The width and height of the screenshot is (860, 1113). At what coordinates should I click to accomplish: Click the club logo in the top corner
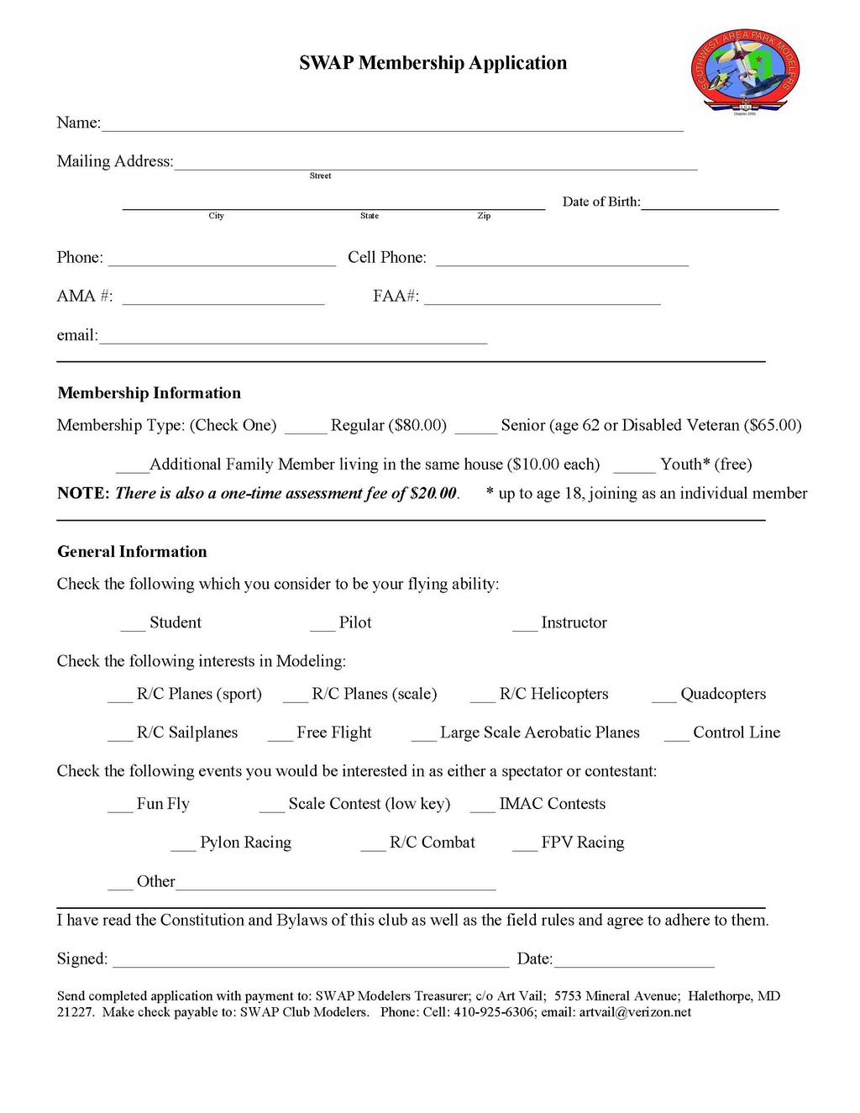click(745, 72)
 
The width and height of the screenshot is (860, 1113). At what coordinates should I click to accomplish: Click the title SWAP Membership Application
click(433, 63)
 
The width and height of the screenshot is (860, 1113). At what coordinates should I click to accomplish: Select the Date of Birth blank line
click(710, 205)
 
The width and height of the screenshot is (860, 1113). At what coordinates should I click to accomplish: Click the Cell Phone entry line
click(562, 262)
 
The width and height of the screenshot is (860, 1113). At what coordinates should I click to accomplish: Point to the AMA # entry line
click(223, 301)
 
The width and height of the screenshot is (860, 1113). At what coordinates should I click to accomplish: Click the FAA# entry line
click(542, 301)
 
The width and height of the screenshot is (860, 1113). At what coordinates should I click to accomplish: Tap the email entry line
click(292, 340)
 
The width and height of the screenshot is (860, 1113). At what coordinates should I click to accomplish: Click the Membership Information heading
click(149, 393)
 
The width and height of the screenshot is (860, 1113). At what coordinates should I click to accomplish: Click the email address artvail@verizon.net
click(635, 1012)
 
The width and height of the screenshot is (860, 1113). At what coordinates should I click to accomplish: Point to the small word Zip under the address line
click(484, 216)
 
